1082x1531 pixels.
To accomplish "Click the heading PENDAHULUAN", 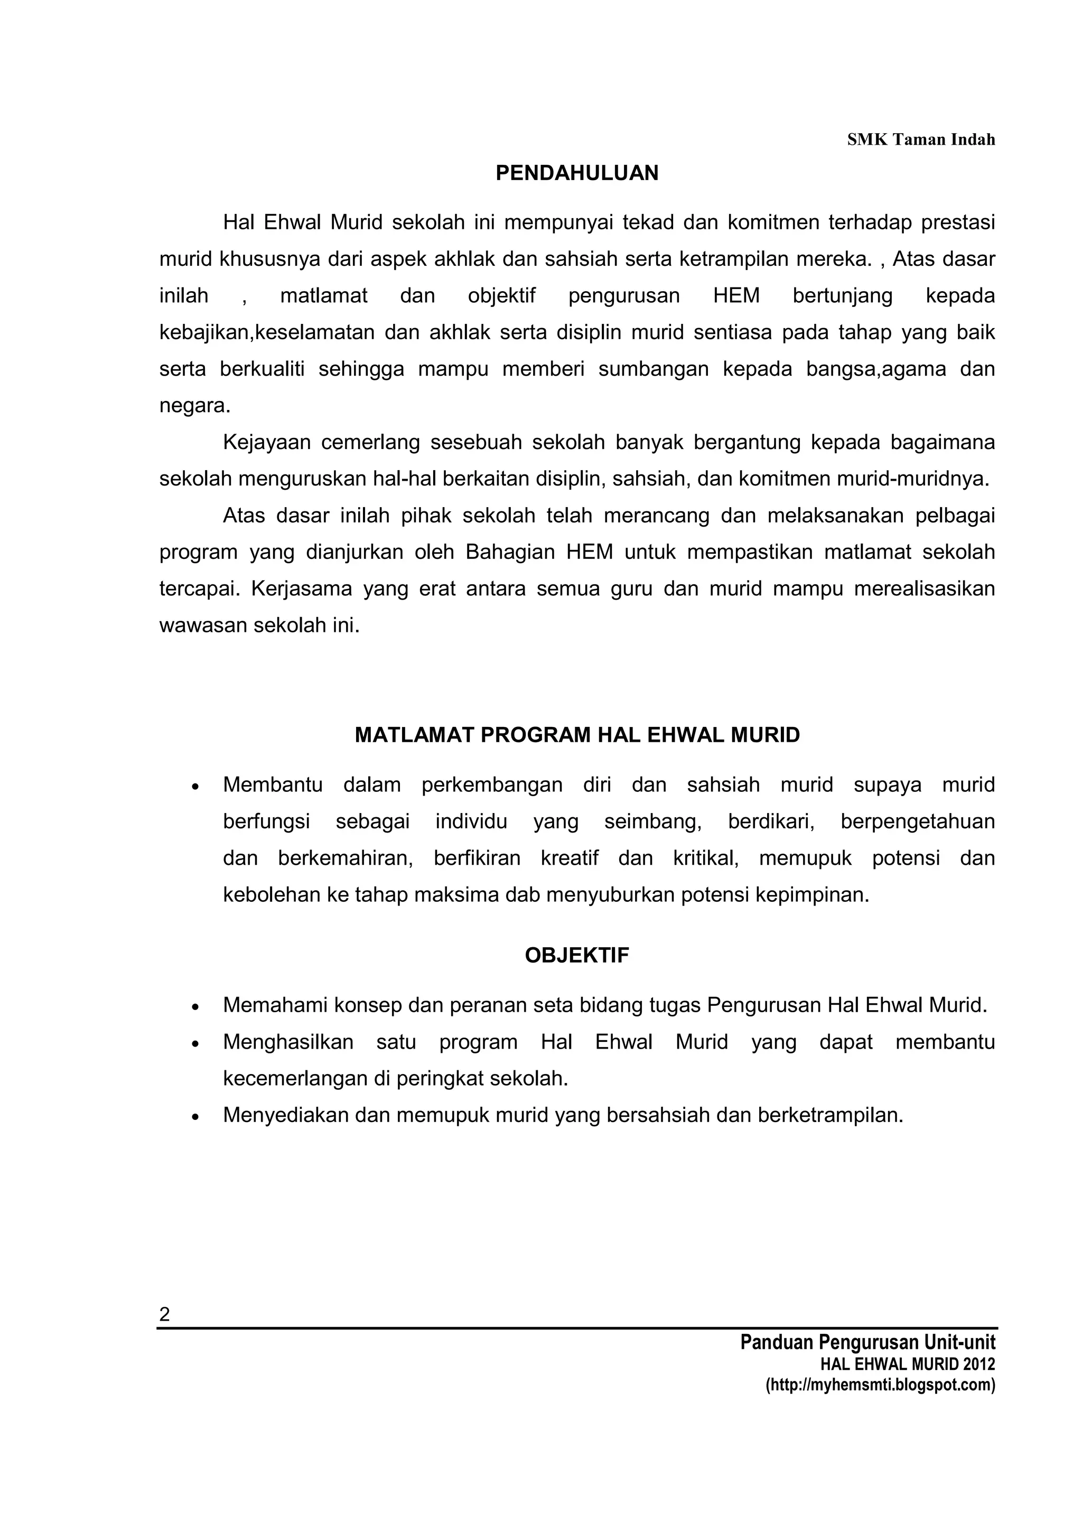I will pyautogui.click(x=577, y=173).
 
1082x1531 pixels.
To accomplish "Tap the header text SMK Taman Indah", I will pyautogui.click(x=921, y=139).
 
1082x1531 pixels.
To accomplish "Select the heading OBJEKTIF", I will pyautogui.click(x=577, y=956).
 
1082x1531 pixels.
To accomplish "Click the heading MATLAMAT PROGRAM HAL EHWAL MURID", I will pyautogui.click(x=577, y=735).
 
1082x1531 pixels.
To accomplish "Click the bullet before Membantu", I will pyautogui.click(x=195, y=787).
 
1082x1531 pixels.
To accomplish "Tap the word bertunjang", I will pyautogui.click(x=842, y=295).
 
